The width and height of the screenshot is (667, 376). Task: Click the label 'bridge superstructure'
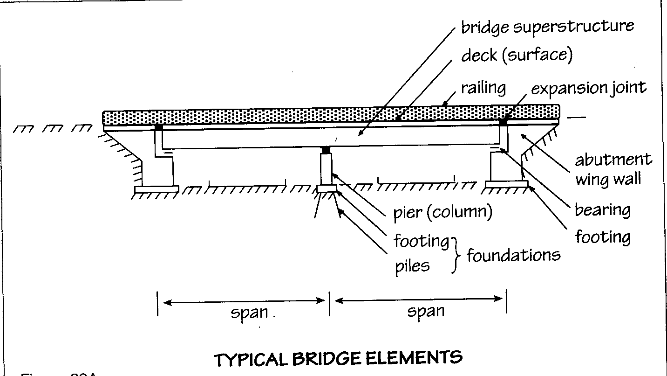click(x=547, y=27)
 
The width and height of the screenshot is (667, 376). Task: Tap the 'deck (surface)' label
click(x=516, y=56)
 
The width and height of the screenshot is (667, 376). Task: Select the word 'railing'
click(x=483, y=88)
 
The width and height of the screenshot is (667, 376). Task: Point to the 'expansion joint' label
click(x=588, y=88)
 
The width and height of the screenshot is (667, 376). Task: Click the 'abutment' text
click(x=613, y=160)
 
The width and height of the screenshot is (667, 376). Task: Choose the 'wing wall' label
click(x=608, y=180)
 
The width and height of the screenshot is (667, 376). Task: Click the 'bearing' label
click(x=602, y=210)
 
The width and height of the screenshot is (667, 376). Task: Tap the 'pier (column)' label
click(x=442, y=212)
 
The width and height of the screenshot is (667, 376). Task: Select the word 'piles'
click(x=412, y=266)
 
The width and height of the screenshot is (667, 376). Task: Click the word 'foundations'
click(x=513, y=255)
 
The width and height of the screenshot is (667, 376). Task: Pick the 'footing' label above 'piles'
click(x=421, y=241)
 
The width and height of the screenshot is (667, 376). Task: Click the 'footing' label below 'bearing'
click(x=602, y=237)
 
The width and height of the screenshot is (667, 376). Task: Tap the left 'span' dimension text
click(x=250, y=313)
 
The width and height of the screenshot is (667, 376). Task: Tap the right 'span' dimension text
click(x=425, y=311)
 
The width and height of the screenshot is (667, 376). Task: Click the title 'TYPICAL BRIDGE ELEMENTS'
click(x=338, y=359)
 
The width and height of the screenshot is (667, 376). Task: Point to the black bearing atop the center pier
click(x=326, y=150)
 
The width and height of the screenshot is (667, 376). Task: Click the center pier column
click(x=326, y=169)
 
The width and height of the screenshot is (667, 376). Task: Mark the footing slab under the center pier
click(x=326, y=188)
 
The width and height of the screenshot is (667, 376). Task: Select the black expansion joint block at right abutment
click(x=503, y=122)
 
